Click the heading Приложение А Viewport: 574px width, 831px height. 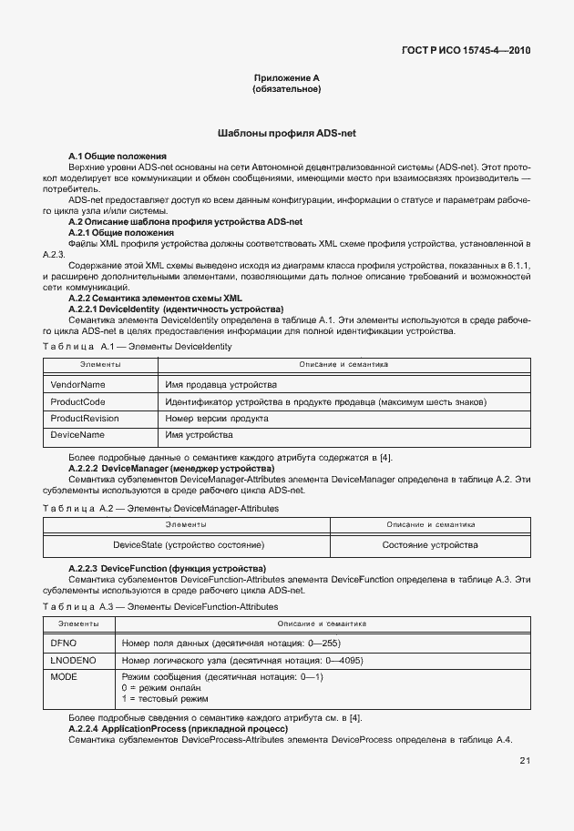(x=286, y=78)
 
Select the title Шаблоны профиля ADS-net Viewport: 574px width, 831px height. (x=286, y=133)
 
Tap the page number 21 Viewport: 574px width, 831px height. (x=525, y=761)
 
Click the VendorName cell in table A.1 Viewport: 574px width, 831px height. (x=78, y=385)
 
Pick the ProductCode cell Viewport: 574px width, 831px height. (x=78, y=402)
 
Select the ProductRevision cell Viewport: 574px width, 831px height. (x=85, y=419)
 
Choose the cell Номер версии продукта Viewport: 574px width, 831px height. (x=217, y=419)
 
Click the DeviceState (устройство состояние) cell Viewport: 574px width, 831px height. (x=189, y=544)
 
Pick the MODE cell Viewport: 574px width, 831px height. (x=64, y=677)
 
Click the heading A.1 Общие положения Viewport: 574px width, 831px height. (x=118, y=157)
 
